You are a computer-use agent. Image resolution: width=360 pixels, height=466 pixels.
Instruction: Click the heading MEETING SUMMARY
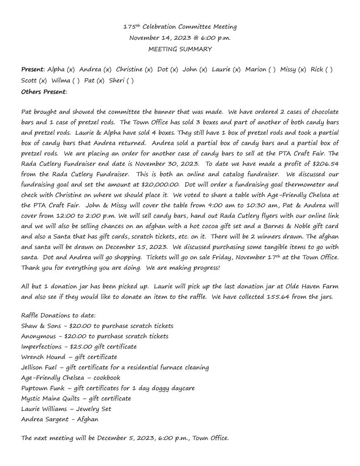(180, 49)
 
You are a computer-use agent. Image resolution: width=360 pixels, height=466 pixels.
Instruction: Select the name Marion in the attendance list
(256, 70)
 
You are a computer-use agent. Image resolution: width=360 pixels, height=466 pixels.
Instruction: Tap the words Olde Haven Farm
(310, 287)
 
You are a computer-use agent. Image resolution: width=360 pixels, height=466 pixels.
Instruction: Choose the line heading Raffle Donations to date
(58, 315)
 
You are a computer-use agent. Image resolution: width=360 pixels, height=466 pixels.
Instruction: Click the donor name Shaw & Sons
(40, 326)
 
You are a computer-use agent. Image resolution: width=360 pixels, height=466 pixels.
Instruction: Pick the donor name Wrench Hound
(43, 357)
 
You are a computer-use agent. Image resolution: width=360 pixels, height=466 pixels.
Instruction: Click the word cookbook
(107, 378)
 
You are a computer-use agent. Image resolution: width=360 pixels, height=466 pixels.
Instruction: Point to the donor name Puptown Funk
(41, 389)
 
